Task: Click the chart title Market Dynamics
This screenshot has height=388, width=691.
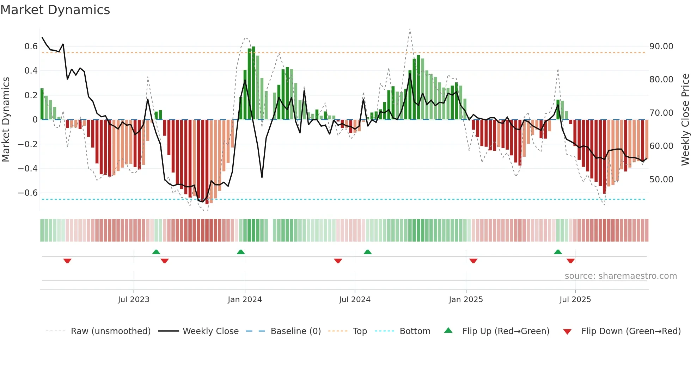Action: [55, 10]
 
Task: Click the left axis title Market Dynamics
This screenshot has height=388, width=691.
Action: [6, 119]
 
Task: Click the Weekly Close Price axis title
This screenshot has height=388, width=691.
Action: [685, 119]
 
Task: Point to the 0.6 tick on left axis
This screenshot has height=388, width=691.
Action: [31, 46]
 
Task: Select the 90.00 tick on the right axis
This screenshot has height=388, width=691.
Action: [661, 46]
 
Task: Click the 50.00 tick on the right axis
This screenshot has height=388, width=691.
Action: [661, 179]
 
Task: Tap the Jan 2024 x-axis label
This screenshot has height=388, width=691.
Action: [245, 300]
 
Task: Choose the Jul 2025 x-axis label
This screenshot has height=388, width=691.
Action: [575, 300]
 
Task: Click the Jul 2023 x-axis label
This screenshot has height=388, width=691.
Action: [134, 300]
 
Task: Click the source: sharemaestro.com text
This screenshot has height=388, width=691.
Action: [620, 276]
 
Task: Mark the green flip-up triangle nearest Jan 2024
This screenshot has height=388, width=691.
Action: [241, 252]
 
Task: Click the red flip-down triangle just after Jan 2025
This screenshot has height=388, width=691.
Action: [473, 261]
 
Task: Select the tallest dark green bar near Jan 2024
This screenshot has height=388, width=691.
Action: [253, 83]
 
